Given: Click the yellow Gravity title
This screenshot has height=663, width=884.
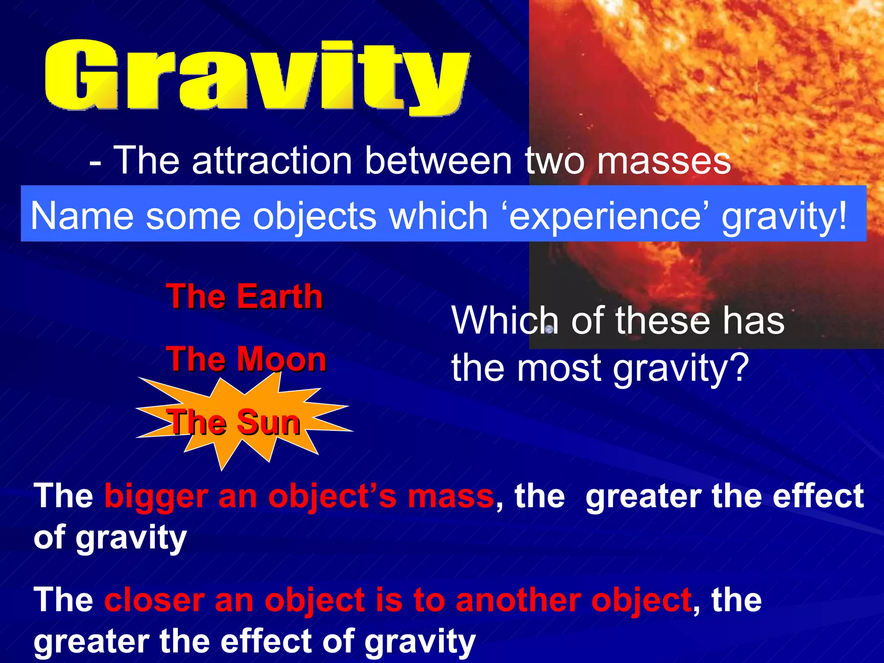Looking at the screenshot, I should point(257,76).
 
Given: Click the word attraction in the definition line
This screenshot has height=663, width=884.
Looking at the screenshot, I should point(272,161).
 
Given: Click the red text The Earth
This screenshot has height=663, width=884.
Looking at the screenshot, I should point(244,297).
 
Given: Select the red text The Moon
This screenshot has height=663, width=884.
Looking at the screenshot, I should point(246,359).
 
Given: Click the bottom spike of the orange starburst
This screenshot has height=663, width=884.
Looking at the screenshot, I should point(222,464).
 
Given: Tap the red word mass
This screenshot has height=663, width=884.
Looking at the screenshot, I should point(451,496).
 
